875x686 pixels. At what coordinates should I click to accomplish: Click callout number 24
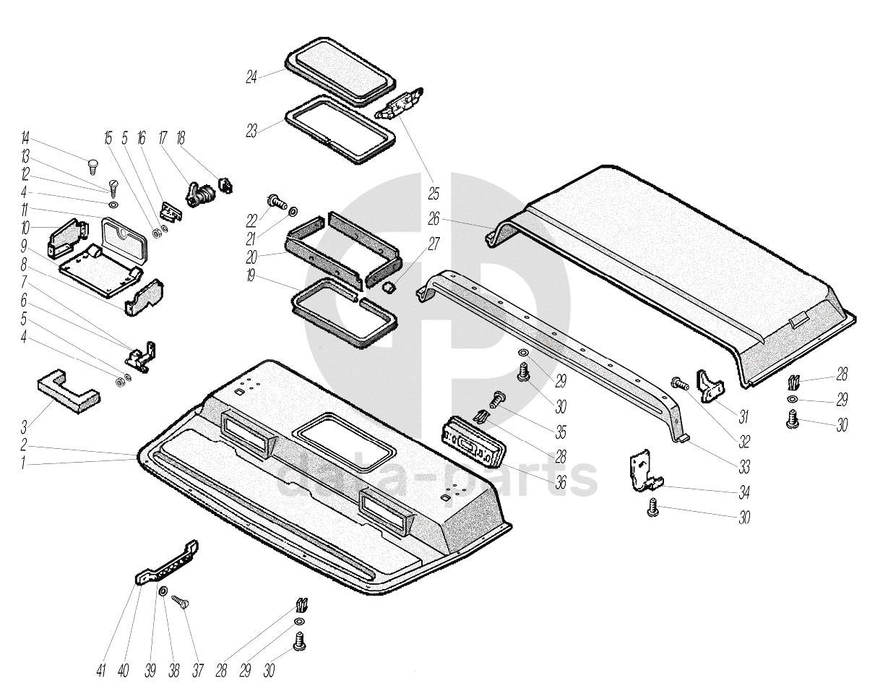click(x=251, y=77)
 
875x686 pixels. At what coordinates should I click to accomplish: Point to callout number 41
click(x=101, y=670)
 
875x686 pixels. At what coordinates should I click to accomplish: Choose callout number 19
click(x=251, y=277)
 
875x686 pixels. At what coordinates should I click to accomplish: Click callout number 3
click(x=25, y=427)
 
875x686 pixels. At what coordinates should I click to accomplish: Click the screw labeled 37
click(x=181, y=601)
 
